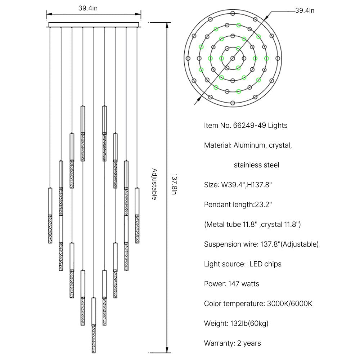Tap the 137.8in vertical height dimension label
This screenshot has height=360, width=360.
pyautogui.click(x=174, y=185)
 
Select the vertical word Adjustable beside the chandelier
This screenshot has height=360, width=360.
pyautogui.click(x=154, y=184)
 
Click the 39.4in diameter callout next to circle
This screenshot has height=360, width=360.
pyautogui.click(x=305, y=11)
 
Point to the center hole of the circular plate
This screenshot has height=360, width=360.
pyautogui.click(x=233, y=58)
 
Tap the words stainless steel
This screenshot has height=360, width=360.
pyautogui.click(x=256, y=165)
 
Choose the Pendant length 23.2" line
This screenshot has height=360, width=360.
pyautogui.click(x=238, y=205)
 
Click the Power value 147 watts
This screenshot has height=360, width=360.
pyautogui.click(x=244, y=284)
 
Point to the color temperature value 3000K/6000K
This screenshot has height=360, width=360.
pyautogui.click(x=290, y=303)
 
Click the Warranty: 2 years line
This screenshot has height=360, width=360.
pyautogui.click(x=232, y=343)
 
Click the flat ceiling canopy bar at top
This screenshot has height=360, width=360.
pyautogui.click(x=94, y=24)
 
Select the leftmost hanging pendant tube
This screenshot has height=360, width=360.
pyautogui.click(x=50, y=215)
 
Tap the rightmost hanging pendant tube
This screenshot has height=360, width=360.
pyautogui.click(x=137, y=215)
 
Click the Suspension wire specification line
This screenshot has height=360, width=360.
pyautogui.click(x=261, y=244)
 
